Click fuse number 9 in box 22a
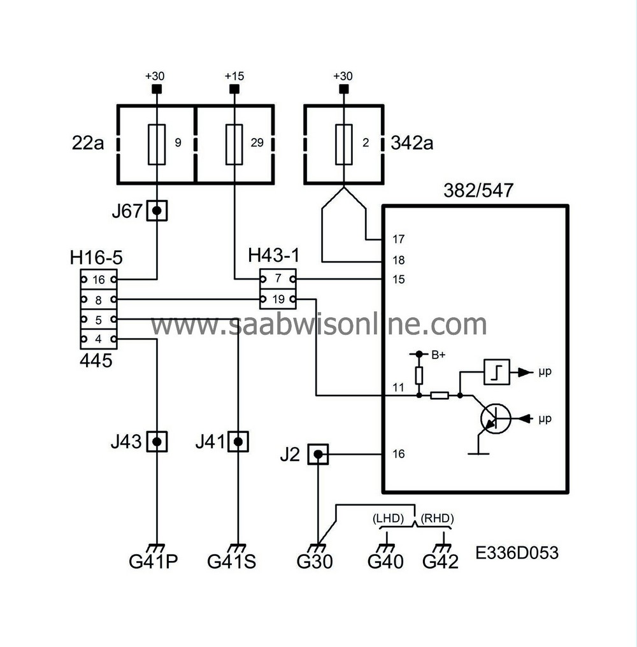point(157,143)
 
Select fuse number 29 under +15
point(235,143)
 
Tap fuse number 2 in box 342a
point(343,143)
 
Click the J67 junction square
point(157,211)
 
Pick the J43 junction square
point(157,441)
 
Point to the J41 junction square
point(238,441)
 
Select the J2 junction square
point(318,454)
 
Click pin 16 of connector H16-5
point(98,279)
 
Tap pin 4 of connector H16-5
point(98,339)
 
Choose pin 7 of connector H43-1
point(278,279)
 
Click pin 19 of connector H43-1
point(278,299)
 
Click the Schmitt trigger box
point(496,371)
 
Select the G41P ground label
point(154,562)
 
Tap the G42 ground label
point(441,562)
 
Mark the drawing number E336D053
point(517,553)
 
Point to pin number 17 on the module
point(399,239)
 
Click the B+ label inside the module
point(438,355)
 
